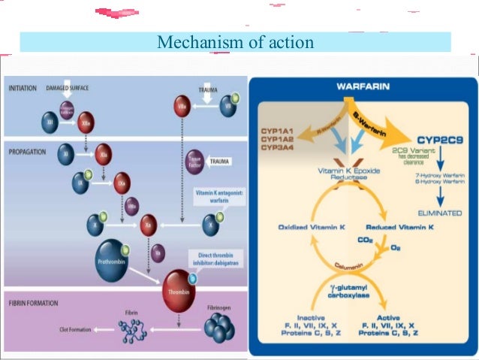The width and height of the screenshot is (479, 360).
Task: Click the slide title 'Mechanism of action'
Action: [235, 42]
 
